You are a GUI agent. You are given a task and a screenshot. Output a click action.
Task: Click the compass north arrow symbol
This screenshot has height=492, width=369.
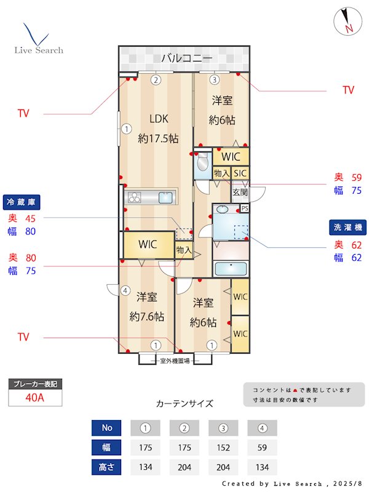pyautogui.click(x=346, y=22)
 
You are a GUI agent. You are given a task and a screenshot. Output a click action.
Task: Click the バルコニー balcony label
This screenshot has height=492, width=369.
pyautogui.click(x=187, y=59)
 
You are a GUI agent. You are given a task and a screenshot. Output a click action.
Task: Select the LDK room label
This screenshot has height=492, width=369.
pyautogui.click(x=158, y=119)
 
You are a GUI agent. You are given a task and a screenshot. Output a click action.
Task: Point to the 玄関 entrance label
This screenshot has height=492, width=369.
pyautogui.click(x=240, y=192)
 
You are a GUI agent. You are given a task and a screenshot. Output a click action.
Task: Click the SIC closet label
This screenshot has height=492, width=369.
pyautogui.click(x=240, y=174)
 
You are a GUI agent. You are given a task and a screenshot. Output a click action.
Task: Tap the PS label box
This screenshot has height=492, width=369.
pyautogui.click(x=245, y=208)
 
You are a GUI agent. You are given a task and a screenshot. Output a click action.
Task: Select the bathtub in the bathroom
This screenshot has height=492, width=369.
pyautogui.click(x=230, y=269)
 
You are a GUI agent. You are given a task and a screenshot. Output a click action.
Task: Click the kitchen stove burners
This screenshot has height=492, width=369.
pyautogui.click(x=134, y=197)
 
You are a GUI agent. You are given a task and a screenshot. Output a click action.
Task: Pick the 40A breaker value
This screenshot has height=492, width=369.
pyautogui.click(x=35, y=397)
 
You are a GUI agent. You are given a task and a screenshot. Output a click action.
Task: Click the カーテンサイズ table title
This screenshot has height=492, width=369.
pyautogui.click(x=184, y=404)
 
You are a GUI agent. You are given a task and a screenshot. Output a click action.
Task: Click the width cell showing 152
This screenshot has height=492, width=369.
pyautogui.click(x=223, y=447)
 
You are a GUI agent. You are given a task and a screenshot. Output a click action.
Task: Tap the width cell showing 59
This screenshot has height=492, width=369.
pyautogui.click(x=262, y=447)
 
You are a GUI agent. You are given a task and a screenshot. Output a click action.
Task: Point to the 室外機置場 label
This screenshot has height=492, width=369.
pyautogui.click(x=175, y=360)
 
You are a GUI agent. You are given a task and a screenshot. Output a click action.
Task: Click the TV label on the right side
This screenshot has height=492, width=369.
pyautogui.click(x=348, y=90)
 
